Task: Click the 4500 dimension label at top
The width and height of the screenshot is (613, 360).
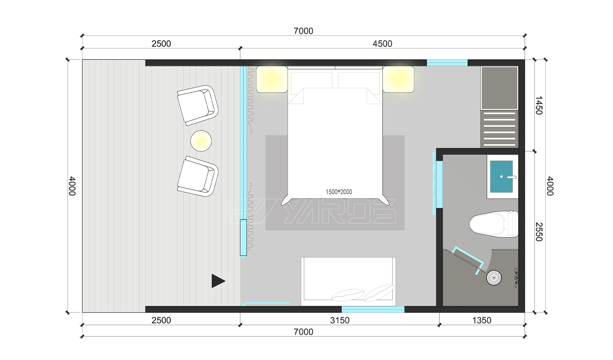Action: click(x=382, y=44)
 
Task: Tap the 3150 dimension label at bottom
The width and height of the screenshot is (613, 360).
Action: click(x=340, y=320)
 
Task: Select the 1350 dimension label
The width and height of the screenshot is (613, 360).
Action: click(x=481, y=320)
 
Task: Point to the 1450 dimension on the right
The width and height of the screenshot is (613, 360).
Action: click(x=538, y=105)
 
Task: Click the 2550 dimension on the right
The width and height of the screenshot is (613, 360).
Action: click(x=538, y=232)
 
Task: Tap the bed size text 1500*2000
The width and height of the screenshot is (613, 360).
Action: click(x=339, y=192)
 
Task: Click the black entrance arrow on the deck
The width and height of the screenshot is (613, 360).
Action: click(x=218, y=281)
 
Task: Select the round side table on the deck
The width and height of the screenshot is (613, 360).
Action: click(x=201, y=141)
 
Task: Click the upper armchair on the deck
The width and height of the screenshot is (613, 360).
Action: click(x=198, y=105)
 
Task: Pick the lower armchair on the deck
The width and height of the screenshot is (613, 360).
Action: click(x=198, y=176)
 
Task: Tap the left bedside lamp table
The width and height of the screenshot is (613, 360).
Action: click(x=272, y=79)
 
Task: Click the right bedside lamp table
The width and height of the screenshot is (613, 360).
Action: click(x=398, y=79)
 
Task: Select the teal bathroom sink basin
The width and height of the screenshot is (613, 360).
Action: click(x=501, y=176)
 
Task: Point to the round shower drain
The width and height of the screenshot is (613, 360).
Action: click(x=494, y=278)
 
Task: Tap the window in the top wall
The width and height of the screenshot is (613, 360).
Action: click(x=447, y=63)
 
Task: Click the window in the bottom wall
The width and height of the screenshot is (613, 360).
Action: click(x=373, y=310)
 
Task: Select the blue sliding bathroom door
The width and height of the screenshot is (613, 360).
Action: click(x=439, y=184)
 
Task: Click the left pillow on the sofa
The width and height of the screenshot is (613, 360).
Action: click(x=347, y=295)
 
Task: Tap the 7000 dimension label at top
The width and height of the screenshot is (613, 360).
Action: click(x=303, y=31)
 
